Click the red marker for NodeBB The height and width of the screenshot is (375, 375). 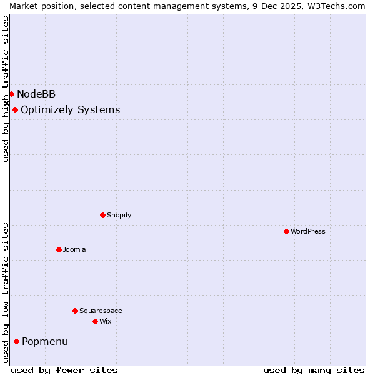11,94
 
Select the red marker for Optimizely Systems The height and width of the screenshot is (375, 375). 15,110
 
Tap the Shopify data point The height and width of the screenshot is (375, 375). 102,216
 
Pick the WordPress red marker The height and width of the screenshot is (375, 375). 286,231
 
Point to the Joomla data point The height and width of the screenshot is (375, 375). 59,249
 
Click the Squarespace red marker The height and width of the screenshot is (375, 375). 75,311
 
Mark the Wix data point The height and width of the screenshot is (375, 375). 95,321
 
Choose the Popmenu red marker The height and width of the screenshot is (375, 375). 16,341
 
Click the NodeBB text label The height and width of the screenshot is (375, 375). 36,94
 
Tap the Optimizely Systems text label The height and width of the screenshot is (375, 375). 70,110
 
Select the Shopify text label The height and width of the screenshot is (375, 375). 119,216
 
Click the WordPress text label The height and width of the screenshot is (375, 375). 308,231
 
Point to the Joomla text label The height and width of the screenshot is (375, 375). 74,250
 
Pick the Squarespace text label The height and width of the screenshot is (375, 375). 101,311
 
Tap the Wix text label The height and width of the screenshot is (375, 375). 105,321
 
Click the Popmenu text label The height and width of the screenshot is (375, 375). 45,342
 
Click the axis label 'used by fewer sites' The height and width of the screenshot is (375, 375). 64,370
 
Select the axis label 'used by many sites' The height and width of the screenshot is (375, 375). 314,370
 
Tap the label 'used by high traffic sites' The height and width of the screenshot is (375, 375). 6,89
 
